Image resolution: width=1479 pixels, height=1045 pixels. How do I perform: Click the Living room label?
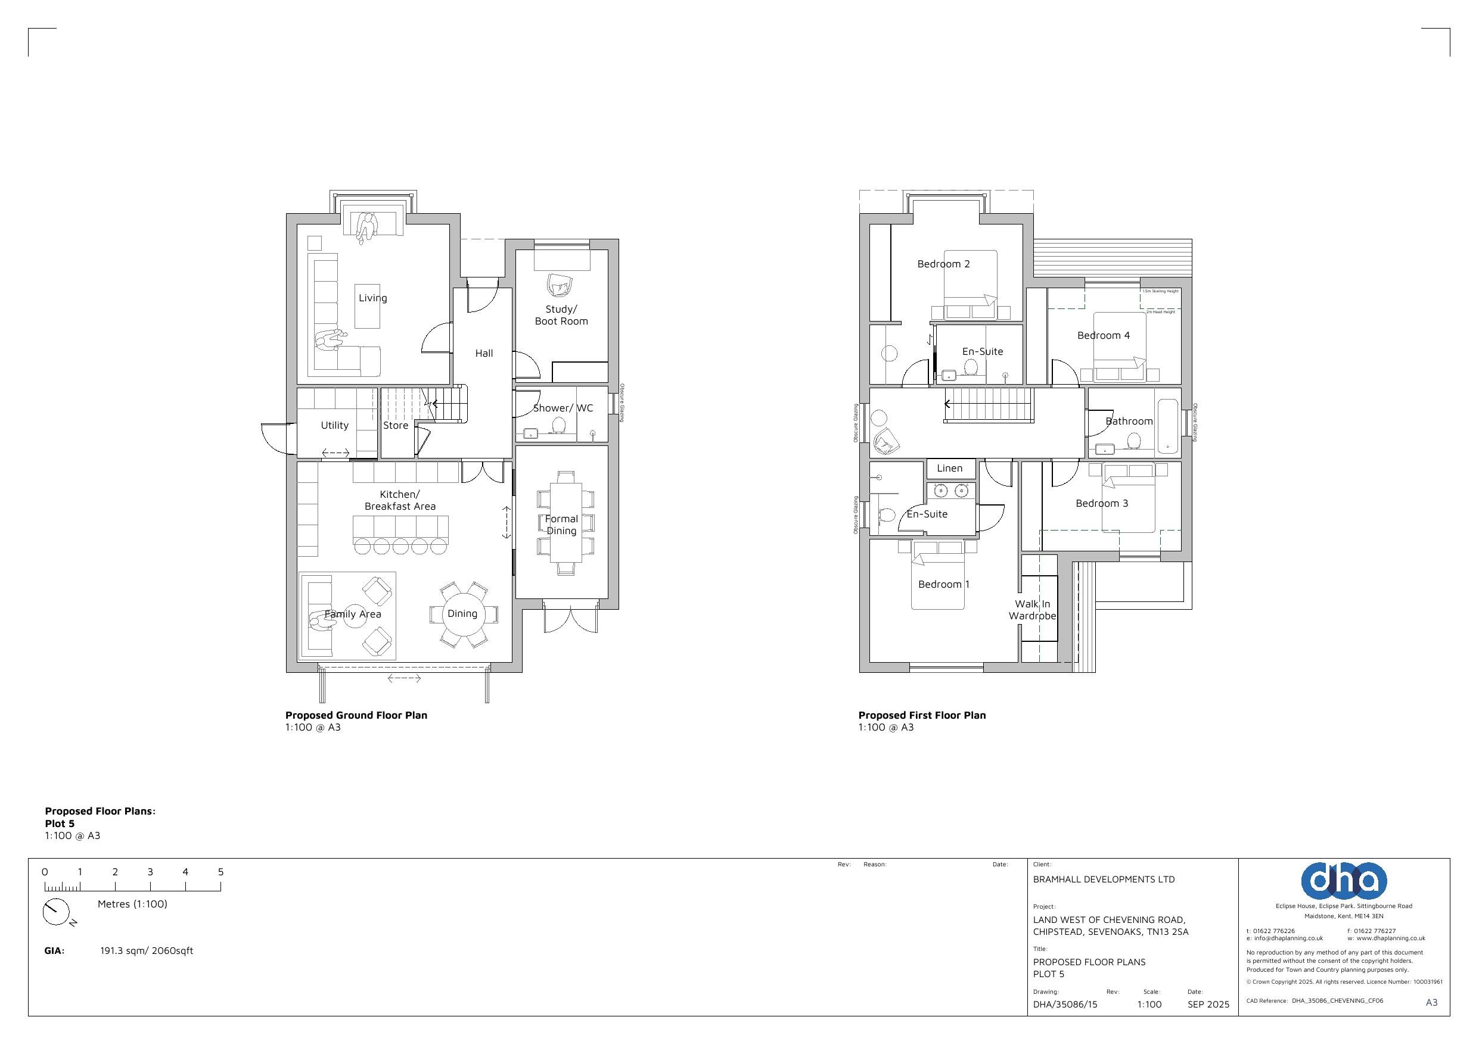(372, 298)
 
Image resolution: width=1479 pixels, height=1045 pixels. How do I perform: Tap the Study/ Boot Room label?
(561, 315)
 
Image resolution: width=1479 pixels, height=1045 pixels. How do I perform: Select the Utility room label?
(334, 426)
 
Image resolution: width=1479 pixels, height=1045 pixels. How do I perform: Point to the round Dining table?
(462, 614)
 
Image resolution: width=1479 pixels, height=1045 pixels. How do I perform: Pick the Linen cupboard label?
(949, 468)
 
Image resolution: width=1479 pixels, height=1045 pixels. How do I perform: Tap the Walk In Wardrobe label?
(1032, 610)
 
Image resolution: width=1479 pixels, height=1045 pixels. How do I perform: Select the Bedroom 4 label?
(1103, 335)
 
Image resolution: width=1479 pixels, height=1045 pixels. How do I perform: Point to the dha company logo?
(1343, 880)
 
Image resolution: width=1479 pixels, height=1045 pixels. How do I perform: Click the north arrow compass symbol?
(55, 912)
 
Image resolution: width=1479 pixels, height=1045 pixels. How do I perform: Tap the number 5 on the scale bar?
(220, 872)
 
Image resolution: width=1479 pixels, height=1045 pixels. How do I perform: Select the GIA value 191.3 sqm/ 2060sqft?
(146, 950)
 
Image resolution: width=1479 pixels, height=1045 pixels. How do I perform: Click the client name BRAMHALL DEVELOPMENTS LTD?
(1104, 879)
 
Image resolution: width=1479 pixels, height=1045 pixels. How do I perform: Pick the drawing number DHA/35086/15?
(1064, 1004)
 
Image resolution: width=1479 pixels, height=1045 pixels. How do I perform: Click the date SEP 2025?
(1208, 1004)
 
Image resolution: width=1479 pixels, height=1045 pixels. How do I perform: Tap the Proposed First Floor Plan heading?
(921, 715)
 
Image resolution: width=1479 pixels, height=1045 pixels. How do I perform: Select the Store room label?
(396, 426)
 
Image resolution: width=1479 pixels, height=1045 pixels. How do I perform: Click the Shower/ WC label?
(563, 408)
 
